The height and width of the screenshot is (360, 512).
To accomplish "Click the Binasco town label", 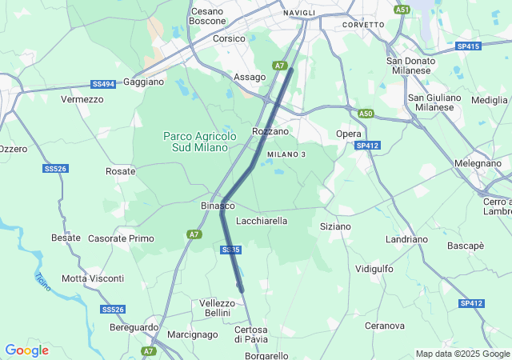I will pyautogui.click(x=217, y=206).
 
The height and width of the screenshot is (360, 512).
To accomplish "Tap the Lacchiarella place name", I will pyautogui.click(x=262, y=221).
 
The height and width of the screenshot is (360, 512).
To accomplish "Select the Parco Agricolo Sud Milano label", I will pyautogui.click(x=199, y=142).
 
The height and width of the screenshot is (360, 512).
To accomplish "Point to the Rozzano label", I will pyautogui.click(x=270, y=131).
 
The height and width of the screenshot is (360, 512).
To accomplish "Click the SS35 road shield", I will pyautogui.click(x=230, y=250).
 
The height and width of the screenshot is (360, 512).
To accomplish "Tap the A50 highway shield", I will pyautogui.click(x=366, y=114).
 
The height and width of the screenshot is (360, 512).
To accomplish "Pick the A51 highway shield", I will pyautogui.click(x=402, y=9).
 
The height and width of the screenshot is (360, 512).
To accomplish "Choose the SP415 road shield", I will pyautogui.click(x=468, y=46).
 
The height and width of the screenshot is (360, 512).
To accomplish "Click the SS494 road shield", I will pyautogui.click(x=103, y=84).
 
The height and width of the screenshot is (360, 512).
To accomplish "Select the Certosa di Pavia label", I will pyautogui.click(x=250, y=335).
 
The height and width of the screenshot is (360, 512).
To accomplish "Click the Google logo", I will pyautogui.click(x=26, y=350).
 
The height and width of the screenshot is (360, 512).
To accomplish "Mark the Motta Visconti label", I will pyautogui.click(x=93, y=278).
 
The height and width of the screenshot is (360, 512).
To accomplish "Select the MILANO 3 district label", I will pyautogui.click(x=286, y=154).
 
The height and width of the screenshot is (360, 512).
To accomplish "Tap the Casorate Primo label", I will pyautogui.click(x=120, y=238).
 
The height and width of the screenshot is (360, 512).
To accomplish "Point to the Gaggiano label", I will pyautogui.click(x=144, y=82).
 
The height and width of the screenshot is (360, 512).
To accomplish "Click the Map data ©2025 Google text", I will pyautogui.click(x=462, y=354).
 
